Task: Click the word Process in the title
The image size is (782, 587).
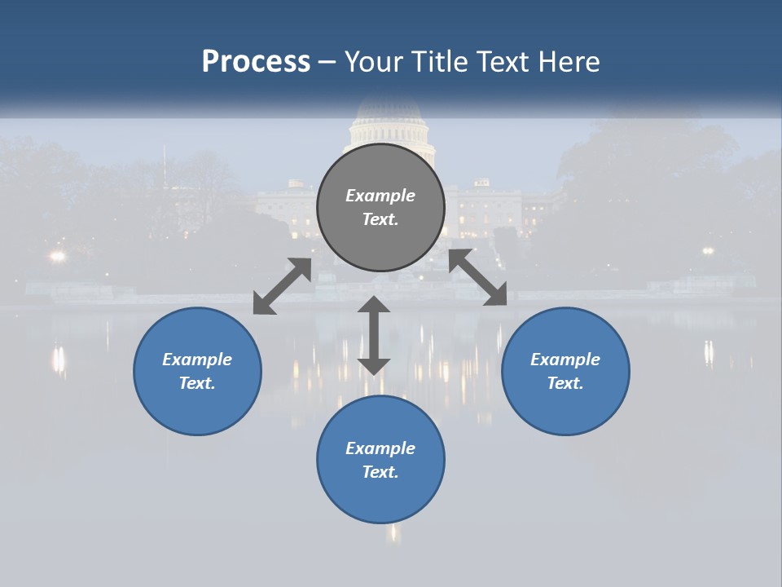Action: click(256, 61)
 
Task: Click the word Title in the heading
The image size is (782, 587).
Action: click(437, 61)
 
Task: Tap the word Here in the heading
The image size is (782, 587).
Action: click(568, 61)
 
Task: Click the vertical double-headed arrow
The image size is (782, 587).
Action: click(374, 335)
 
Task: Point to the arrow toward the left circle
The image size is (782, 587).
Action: click(282, 286)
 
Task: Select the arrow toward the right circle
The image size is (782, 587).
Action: click(478, 277)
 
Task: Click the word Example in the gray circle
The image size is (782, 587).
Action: click(380, 196)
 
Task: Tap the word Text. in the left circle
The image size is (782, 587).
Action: click(197, 383)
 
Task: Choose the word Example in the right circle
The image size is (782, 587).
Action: click(565, 360)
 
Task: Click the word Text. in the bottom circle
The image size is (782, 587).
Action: click(380, 472)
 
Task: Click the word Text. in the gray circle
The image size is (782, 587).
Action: click(380, 219)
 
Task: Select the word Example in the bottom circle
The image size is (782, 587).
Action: click(380, 448)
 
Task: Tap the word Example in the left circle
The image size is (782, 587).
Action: click(197, 360)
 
